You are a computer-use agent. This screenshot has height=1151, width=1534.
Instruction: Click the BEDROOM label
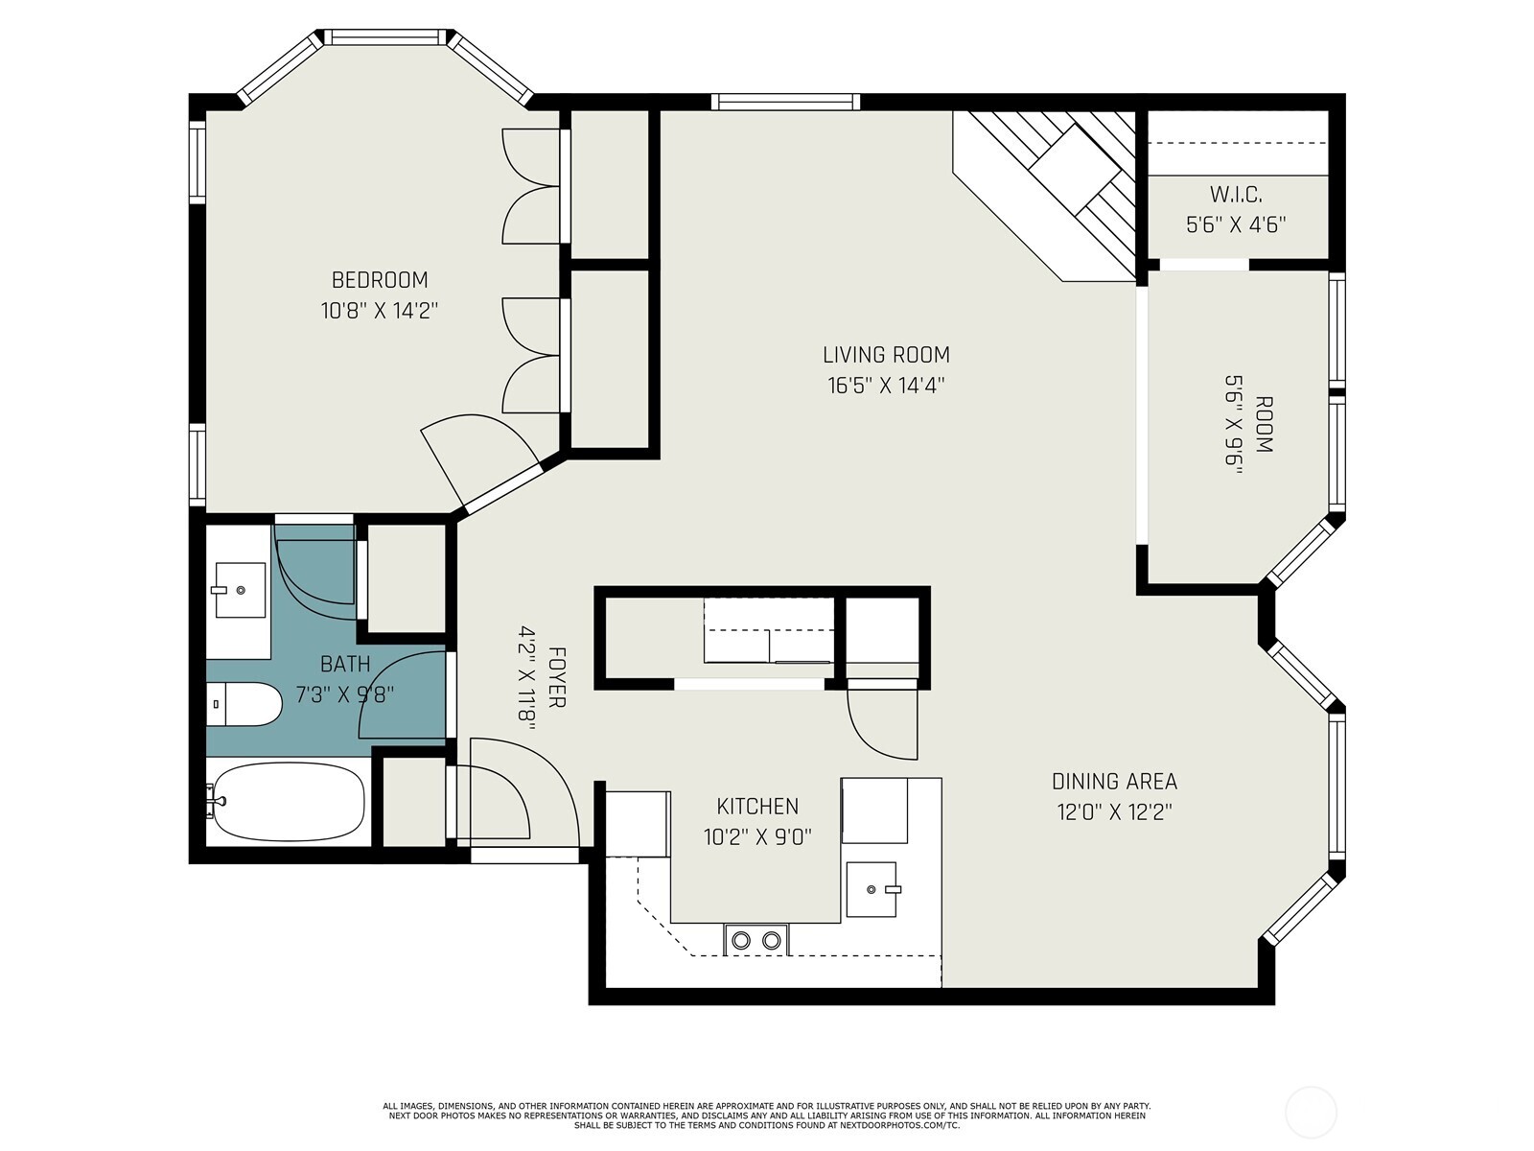(380, 280)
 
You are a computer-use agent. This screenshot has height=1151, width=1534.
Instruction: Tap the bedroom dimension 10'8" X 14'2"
(380, 311)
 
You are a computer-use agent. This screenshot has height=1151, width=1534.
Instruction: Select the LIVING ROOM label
(886, 355)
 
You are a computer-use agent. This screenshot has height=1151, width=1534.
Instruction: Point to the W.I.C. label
(1235, 195)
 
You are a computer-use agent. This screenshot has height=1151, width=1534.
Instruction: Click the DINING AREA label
(1114, 782)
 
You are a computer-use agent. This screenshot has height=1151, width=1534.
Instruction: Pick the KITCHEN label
(757, 807)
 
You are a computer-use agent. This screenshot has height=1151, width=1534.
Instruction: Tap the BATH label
(345, 664)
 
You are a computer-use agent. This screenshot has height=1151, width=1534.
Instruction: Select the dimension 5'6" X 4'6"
(1235, 225)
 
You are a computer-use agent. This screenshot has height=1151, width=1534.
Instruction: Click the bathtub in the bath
(288, 802)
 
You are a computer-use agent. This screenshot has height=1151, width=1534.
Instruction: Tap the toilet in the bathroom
(245, 705)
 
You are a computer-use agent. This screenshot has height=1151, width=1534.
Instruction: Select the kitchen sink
(872, 888)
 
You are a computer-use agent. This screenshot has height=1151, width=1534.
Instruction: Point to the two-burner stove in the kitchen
(756, 940)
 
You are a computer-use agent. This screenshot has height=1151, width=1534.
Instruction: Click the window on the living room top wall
(786, 102)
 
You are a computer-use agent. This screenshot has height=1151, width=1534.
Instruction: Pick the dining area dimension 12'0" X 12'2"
(1114, 812)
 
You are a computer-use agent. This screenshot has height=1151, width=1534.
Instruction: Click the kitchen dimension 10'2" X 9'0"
(757, 837)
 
